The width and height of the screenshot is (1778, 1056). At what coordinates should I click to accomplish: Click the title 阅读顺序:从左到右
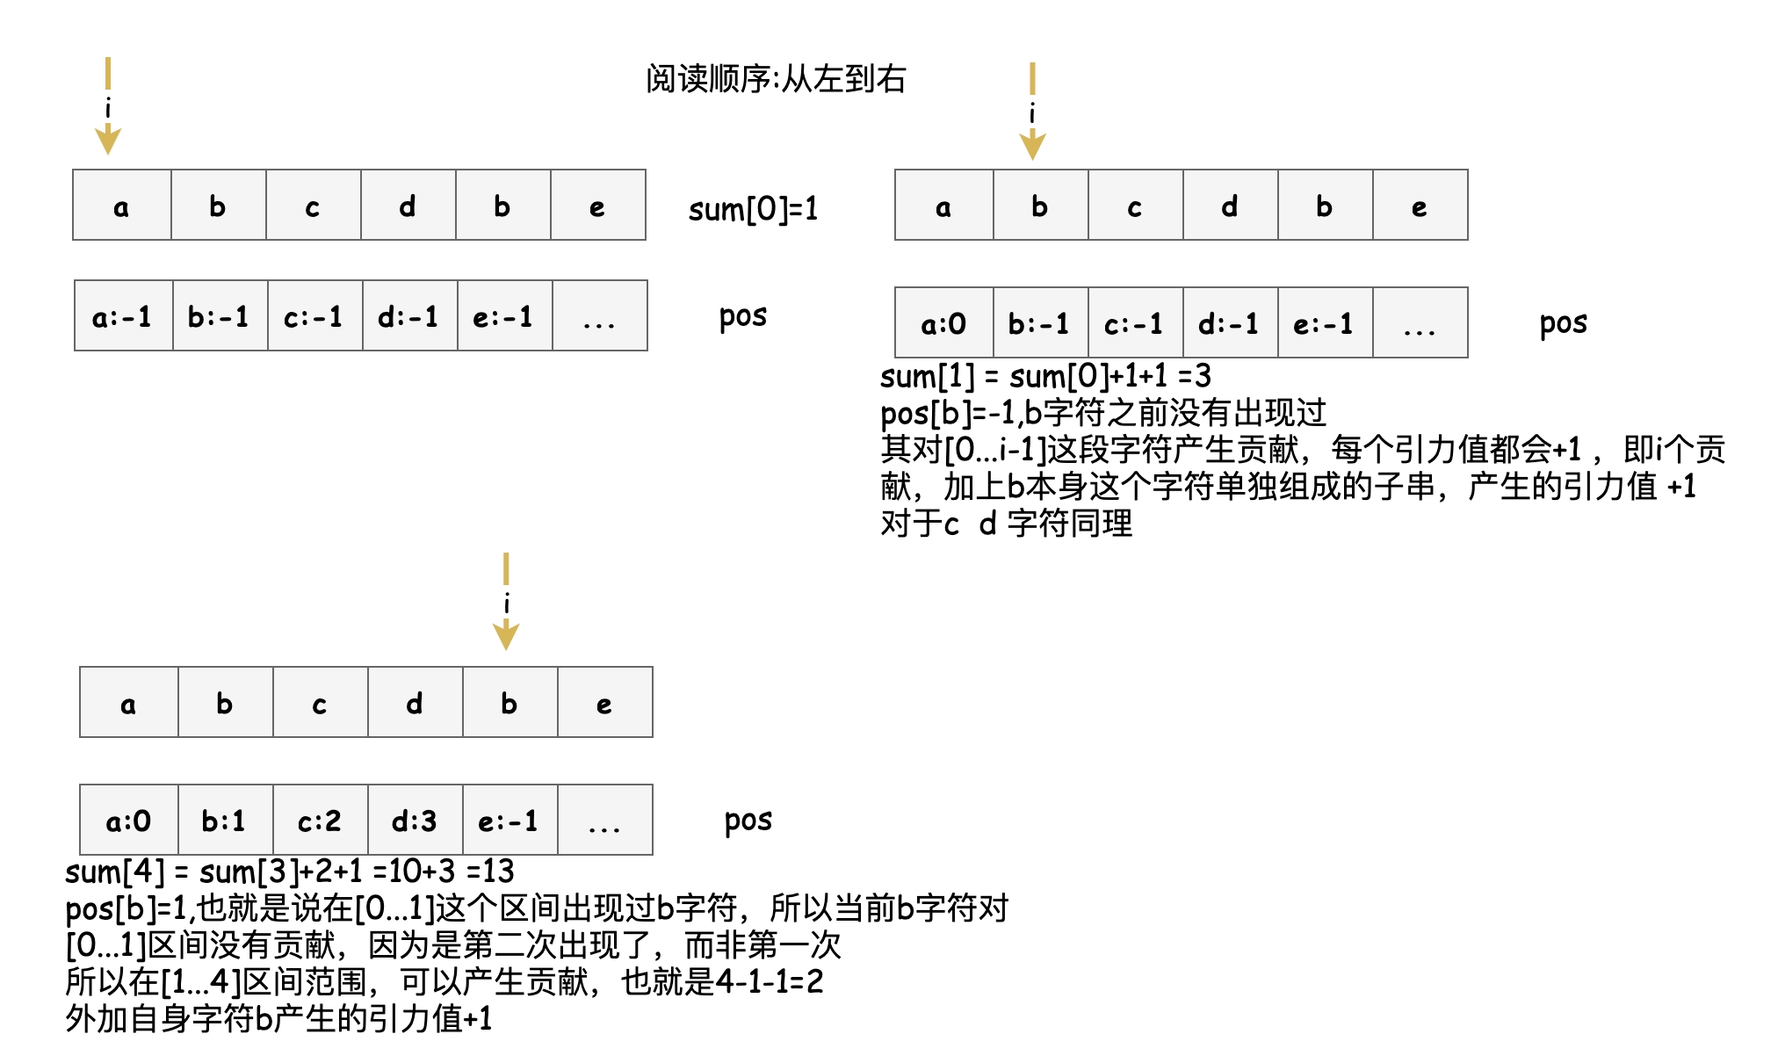[776, 79]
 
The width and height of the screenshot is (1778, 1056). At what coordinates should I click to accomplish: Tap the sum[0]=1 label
[753, 209]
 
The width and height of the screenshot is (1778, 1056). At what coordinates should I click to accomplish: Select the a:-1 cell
[123, 316]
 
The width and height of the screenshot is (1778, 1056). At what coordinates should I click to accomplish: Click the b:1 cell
[225, 821]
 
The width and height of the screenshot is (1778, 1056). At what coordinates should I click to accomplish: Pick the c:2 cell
[320, 821]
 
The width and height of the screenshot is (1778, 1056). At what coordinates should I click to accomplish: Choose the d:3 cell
[415, 821]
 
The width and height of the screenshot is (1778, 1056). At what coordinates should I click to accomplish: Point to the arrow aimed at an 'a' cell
[108, 105]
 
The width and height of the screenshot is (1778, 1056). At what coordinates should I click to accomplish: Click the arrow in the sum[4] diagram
[506, 601]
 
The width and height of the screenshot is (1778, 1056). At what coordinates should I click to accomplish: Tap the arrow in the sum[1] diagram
[1032, 111]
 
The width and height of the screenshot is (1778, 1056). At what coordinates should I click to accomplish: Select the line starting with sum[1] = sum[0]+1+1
[1045, 377]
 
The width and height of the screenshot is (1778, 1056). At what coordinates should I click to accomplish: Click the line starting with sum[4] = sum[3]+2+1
[290, 872]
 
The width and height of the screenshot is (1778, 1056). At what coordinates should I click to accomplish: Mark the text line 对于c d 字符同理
[1007, 524]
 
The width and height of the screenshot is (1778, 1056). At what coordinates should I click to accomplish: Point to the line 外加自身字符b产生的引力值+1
[278, 1019]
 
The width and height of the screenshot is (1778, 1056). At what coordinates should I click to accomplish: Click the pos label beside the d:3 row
[748, 821]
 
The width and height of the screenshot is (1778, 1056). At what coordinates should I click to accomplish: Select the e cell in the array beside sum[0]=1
[597, 206]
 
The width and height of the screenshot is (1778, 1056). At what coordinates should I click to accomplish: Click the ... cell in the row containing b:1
[604, 821]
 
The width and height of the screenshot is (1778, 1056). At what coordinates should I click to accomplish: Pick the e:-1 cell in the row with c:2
[509, 821]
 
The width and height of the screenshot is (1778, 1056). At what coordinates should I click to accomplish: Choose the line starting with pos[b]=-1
[1103, 413]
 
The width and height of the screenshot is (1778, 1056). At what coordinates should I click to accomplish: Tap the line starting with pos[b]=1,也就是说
[537, 908]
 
